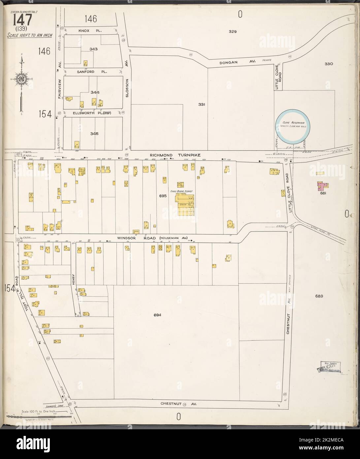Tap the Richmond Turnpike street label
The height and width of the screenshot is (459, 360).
pos(174,155)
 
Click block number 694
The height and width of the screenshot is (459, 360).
pos(157,315)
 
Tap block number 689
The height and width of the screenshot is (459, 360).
pos(319,296)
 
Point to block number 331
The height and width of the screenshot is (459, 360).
pos(202,105)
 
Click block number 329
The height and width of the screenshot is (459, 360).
pos(233,32)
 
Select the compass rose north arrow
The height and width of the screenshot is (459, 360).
pos(21,79)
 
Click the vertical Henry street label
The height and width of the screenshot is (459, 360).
pos(74,279)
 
